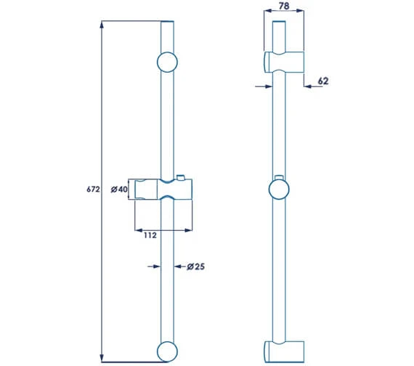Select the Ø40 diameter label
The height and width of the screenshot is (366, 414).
click(119, 190)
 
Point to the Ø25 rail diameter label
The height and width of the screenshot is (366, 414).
click(194, 267)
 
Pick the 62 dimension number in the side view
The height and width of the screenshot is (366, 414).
click(323, 81)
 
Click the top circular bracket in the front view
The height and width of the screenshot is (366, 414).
click(167, 62)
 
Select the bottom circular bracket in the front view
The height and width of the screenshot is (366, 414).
click(167, 350)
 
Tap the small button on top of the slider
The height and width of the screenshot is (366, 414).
click(180, 177)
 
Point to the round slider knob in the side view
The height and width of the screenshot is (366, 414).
click(279, 190)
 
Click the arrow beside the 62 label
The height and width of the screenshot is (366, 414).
click(308, 86)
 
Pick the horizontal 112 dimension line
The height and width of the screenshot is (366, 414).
click(163, 229)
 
